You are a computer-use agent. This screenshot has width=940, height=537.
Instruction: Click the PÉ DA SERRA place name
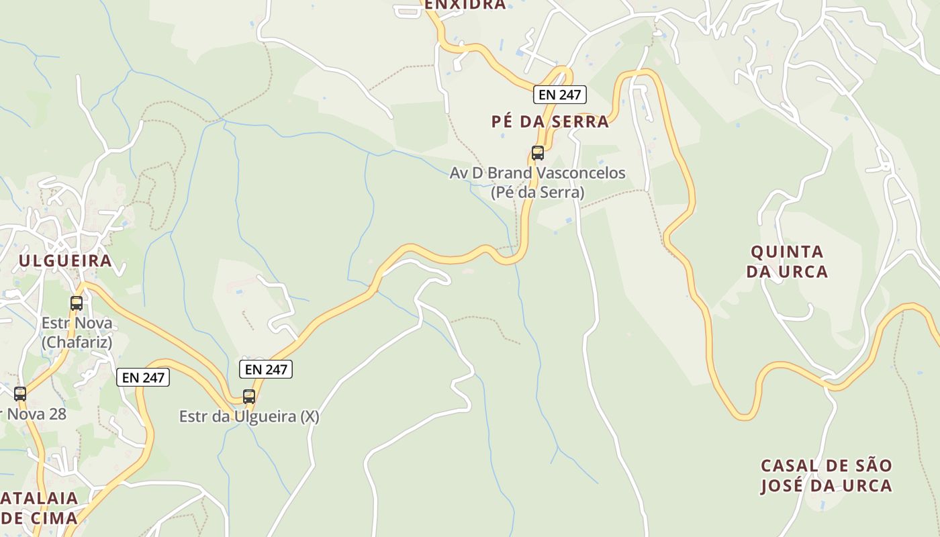pyautogui.click(x=550, y=121)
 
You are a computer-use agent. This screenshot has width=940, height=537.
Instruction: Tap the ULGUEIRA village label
pyautogui.click(x=64, y=261)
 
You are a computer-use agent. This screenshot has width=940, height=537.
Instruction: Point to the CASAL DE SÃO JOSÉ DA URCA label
pyautogui.click(x=826, y=476)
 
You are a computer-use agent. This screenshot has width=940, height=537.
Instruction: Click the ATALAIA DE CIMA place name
pyautogui.click(x=39, y=508)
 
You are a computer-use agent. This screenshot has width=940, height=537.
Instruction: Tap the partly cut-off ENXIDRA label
pyautogui.click(x=465, y=5)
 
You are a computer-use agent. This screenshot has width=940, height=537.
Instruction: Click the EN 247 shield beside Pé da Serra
pyautogui.click(x=560, y=95)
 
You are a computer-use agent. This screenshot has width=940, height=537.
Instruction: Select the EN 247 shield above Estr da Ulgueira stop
pyautogui.click(x=267, y=369)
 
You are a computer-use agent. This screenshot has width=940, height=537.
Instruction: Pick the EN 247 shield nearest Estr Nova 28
pyautogui.click(x=144, y=377)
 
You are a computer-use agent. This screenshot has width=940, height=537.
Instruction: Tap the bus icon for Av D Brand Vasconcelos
pyautogui.click(x=538, y=152)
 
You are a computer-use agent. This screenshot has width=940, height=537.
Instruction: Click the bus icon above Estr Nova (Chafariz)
pyautogui.click(x=77, y=303)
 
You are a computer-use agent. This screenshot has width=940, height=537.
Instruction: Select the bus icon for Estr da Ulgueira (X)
pyautogui.click(x=249, y=396)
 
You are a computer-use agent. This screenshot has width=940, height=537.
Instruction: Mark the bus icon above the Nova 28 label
pyautogui.click(x=20, y=393)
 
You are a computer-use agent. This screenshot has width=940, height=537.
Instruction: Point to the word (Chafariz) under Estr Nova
pyautogui.click(x=77, y=342)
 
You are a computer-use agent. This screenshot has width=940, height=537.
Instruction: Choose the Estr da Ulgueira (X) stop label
pyautogui.click(x=249, y=417)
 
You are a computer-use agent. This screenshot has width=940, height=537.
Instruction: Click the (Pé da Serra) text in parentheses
pyautogui.click(x=537, y=193)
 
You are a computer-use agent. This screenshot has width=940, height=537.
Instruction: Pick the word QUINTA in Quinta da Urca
pyautogui.click(x=787, y=252)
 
